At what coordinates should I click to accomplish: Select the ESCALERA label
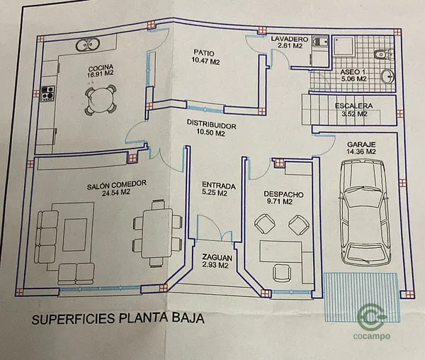[353, 106]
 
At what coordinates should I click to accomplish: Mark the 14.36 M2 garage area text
[361, 152]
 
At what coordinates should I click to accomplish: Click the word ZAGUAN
[213, 257]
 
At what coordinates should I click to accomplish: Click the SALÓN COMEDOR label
[117, 184]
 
